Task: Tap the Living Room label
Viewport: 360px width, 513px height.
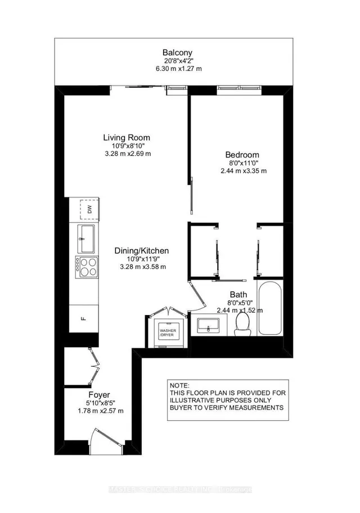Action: [x=127, y=137]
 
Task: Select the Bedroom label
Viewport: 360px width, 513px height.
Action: [x=242, y=155]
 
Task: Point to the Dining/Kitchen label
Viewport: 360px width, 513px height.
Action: [x=141, y=251]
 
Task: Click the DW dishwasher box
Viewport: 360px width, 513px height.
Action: [x=88, y=209]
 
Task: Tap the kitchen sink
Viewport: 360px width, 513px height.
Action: [x=87, y=238]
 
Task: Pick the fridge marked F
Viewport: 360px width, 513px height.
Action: [x=83, y=318]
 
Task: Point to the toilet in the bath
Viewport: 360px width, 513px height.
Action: [x=242, y=323]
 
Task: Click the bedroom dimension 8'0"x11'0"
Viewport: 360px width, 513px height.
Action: [x=242, y=163]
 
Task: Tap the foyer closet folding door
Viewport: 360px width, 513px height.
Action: [x=93, y=366]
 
